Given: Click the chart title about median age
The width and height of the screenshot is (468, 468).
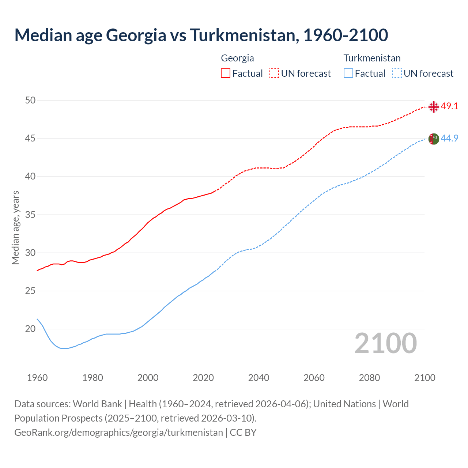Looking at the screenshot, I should click(201, 35).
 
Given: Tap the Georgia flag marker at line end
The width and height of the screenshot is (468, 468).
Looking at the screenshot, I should click(434, 107).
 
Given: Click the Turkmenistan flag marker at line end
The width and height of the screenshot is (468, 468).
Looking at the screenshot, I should click(433, 139).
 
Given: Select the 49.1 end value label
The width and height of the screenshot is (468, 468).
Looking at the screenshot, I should click(449, 106).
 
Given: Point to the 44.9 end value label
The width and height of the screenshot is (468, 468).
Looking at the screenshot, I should click(449, 138).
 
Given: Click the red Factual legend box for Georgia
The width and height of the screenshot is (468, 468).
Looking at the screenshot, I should click(226, 73).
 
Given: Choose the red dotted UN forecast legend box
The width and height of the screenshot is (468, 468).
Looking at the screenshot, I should click(274, 73).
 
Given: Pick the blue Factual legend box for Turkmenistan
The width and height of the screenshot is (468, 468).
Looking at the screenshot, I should click(348, 73).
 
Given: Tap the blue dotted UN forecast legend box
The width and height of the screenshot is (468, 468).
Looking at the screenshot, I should click(397, 73).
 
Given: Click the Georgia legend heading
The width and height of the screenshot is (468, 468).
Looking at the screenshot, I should click(237, 58).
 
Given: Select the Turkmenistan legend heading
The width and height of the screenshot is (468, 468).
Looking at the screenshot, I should click(372, 58).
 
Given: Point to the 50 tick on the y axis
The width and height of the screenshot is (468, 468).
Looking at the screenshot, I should click(30, 100).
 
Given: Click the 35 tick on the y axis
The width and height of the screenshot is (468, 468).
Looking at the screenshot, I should click(30, 215).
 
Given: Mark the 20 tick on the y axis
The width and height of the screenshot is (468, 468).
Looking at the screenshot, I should click(30, 329).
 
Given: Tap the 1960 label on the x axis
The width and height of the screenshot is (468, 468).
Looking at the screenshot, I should click(37, 378).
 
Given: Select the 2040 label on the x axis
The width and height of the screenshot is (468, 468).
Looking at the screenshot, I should click(258, 378).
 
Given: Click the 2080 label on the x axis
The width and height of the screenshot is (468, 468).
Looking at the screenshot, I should click(369, 378).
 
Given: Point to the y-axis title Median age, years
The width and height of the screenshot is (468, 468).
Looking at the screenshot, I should click(15, 227).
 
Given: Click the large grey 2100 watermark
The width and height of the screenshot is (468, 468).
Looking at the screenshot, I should click(385, 343).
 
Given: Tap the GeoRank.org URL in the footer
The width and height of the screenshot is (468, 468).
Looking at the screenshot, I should click(118, 433).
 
